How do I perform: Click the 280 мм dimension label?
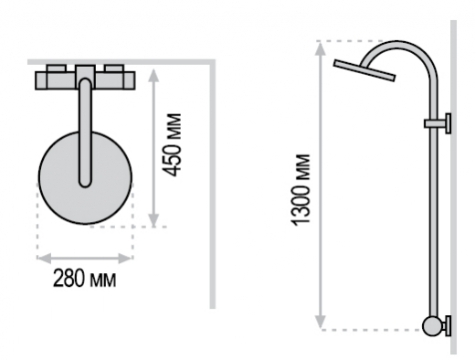[x=85, y=278]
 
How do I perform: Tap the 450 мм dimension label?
[x=172, y=144]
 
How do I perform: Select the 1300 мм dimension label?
[x=301, y=190]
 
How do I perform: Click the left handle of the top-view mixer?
[x=57, y=69]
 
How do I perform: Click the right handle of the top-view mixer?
[x=114, y=69]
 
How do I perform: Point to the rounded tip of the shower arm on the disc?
[x=85, y=182]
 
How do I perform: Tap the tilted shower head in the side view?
[x=364, y=70]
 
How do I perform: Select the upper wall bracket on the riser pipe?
[x=438, y=123]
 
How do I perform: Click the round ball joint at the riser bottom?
[x=432, y=326]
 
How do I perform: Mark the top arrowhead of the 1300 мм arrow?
[x=320, y=48]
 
